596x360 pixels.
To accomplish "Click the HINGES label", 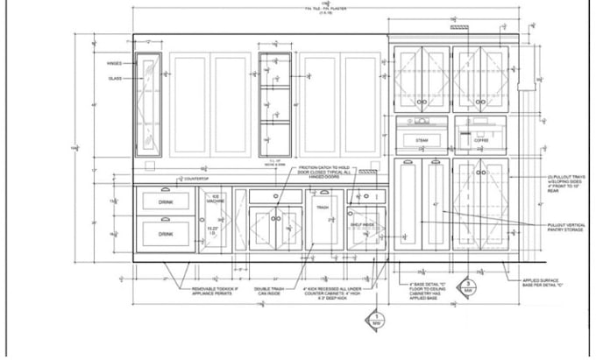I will (x=114, y=63).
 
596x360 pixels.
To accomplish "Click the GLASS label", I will (x=114, y=78).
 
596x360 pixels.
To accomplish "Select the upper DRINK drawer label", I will (x=166, y=202).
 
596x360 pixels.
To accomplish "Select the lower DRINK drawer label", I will (x=166, y=234).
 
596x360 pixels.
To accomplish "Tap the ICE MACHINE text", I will (x=216, y=198).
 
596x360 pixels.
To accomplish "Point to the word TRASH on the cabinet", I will (x=322, y=208).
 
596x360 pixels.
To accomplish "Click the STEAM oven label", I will (x=422, y=140).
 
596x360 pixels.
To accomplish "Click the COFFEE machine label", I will (x=481, y=140).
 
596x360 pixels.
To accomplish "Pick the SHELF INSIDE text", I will (x=362, y=224).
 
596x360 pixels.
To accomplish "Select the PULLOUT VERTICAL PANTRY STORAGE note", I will (x=566, y=229).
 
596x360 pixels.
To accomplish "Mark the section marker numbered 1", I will (x=377, y=319).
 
